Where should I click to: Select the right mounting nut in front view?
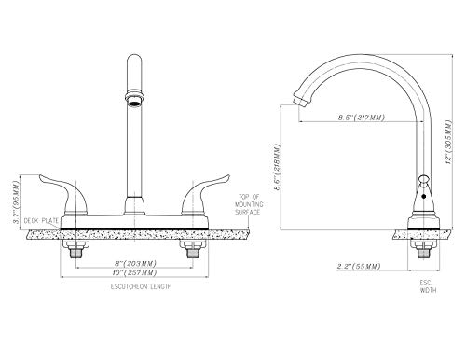click(x=194, y=250)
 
